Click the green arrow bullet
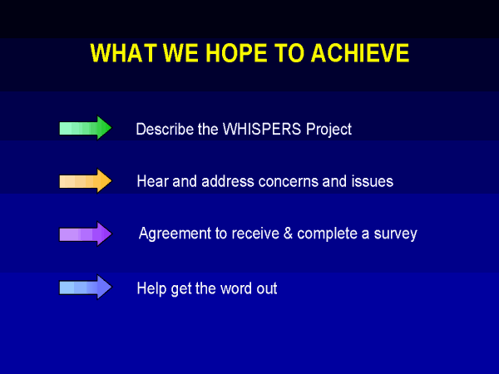(x=86, y=128)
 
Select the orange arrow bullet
(x=86, y=181)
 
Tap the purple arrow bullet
(x=86, y=234)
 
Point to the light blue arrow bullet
(x=86, y=288)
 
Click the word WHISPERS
(x=262, y=129)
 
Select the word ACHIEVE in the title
(x=360, y=53)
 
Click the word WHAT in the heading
(x=124, y=53)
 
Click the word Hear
(x=152, y=181)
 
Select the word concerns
(x=289, y=182)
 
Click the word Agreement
(x=175, y=234)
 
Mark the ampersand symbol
(x=288, y=234)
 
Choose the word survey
(x=395, y=234)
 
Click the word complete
(x=327, y=234)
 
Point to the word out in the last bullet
(x=267, y=289)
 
